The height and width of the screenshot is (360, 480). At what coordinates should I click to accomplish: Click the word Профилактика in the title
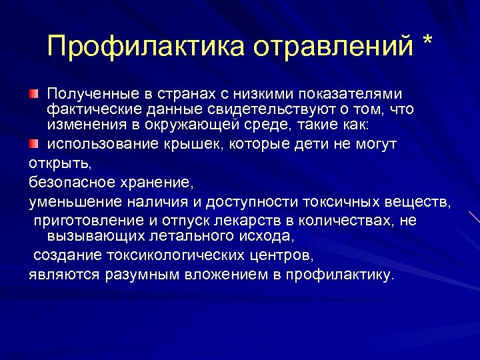[145, 47]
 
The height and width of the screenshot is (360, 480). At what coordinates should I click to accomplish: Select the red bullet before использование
[33, 143]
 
